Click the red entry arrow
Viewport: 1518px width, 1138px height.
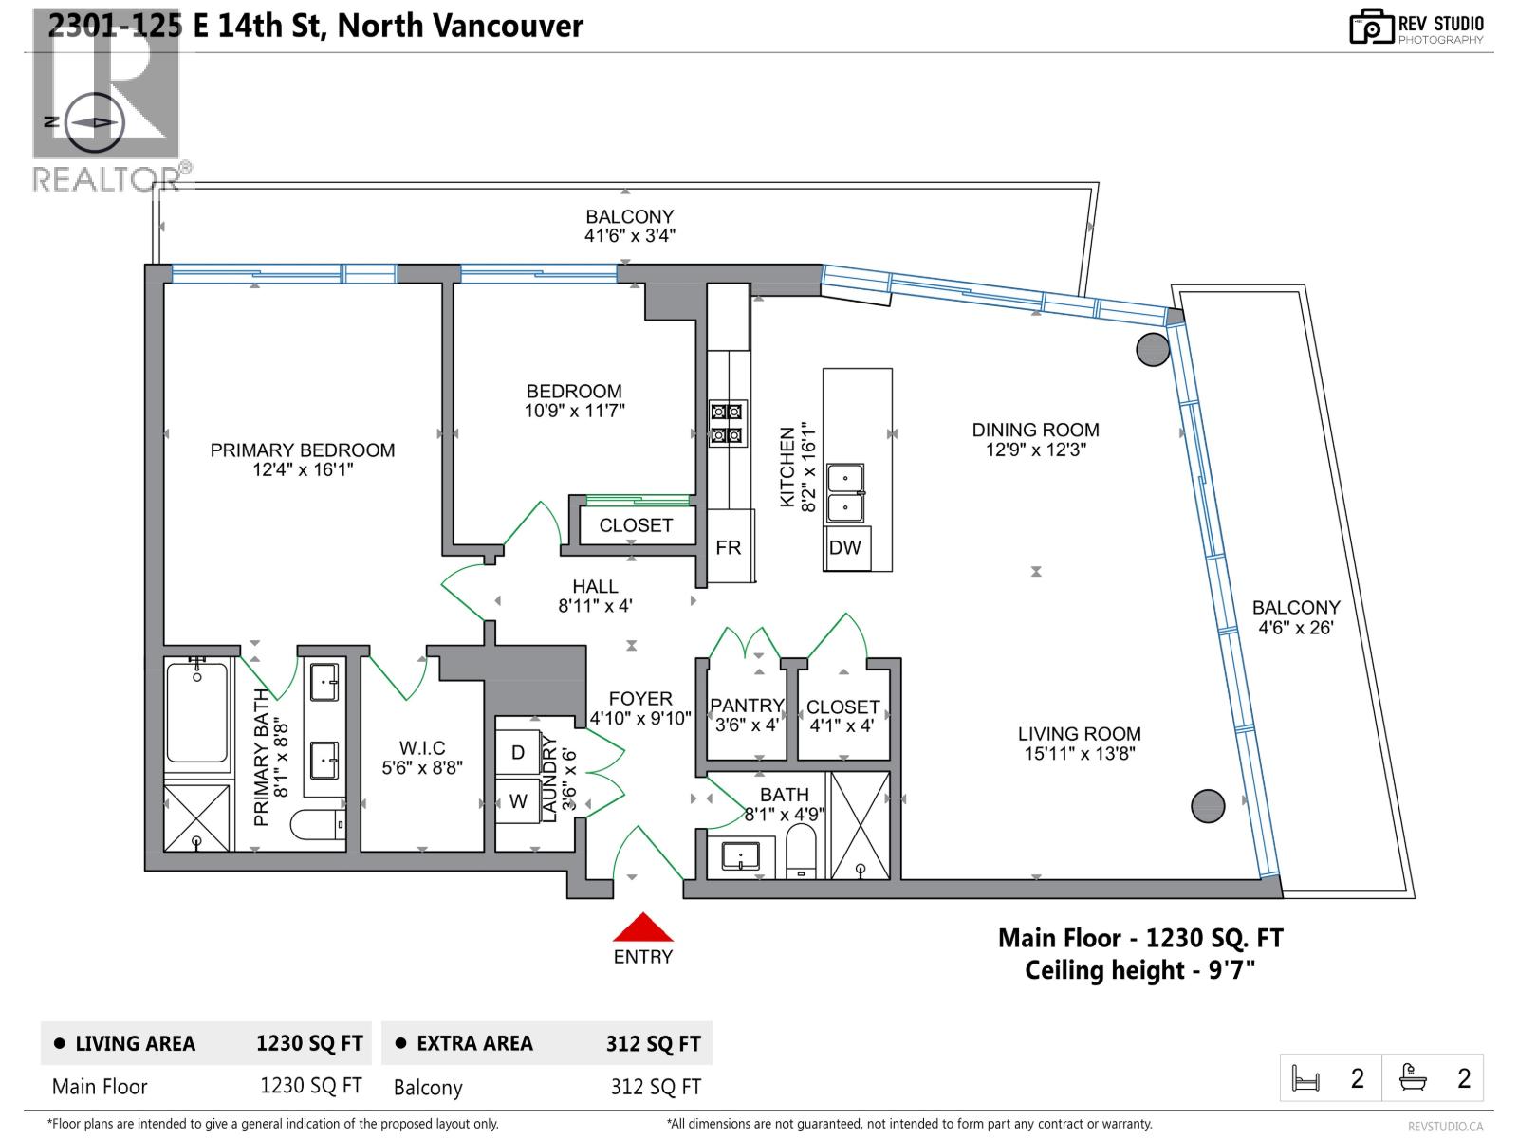[642, 927]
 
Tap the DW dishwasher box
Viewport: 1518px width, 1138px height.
[844, 547]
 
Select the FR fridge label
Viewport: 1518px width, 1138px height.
[729, 547]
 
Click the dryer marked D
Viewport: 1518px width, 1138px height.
[518, 752]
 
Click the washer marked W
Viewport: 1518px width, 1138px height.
[518, 801]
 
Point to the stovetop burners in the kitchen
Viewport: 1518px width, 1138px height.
[727, 423]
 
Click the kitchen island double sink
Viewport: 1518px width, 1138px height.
[845, 493]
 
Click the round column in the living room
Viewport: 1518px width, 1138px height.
[1208, 806]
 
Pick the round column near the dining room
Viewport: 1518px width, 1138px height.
[1153, 349]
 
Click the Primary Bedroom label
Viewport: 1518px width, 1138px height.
[303, 450]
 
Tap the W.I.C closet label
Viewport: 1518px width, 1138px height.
[422, 748]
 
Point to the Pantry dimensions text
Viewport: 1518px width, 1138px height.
[747, 725]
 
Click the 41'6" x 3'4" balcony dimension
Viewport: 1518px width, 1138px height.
[629, 236]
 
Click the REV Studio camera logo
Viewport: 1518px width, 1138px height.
[1371, 27]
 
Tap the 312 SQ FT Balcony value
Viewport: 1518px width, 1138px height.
[656, 1087]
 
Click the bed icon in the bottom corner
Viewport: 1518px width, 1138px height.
[1306, 1078]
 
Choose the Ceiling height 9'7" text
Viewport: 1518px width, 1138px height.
[1139, 970]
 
